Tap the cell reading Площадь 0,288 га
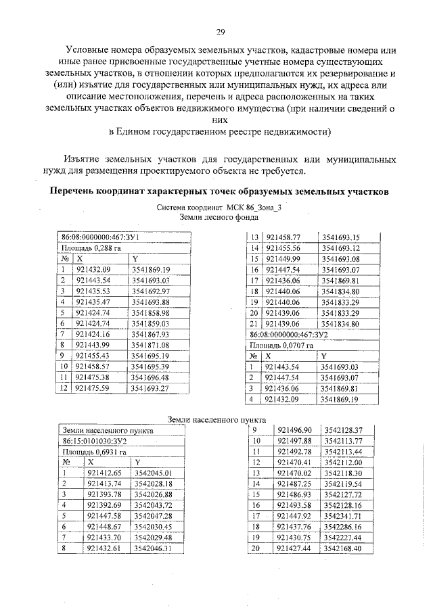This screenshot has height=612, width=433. click(x=85, y=248)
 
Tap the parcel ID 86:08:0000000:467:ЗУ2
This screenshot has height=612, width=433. click(x=289, y=334)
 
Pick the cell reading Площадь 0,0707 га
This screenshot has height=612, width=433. click(x=282, y=345)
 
